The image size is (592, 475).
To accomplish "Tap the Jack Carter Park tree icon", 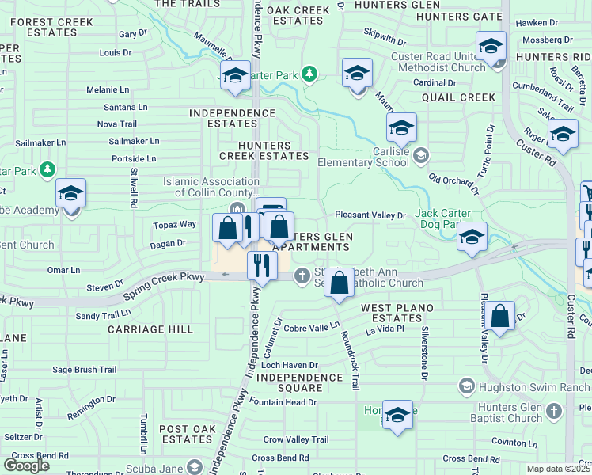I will pyautogui.click(x=309, y=74).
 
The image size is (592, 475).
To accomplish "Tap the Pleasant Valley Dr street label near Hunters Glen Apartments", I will pyautogui.click(x=370, y=215).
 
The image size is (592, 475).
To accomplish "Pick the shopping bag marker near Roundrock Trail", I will pyautogui.click(x=339, y=283).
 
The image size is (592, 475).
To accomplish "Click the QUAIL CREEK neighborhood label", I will pyautogui.click(x=458, y=97).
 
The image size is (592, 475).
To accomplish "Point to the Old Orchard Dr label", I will pyautogui.click(x=453, y=184).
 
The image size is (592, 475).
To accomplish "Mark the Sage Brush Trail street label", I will pyautogui.click(x=84, y=369).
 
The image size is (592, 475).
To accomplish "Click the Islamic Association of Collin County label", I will pyautogui.click(x=211, y=187).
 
